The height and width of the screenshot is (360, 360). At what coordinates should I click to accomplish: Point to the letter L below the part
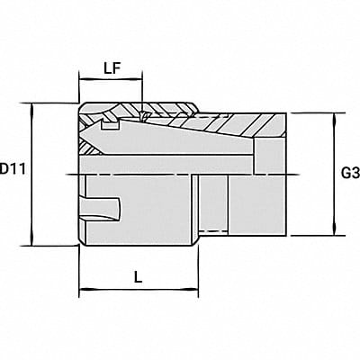(x=138, y=278)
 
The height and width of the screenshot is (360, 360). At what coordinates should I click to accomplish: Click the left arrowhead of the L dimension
(x=84, y=291)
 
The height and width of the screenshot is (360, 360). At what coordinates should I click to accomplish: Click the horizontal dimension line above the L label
(x=138, y=291)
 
